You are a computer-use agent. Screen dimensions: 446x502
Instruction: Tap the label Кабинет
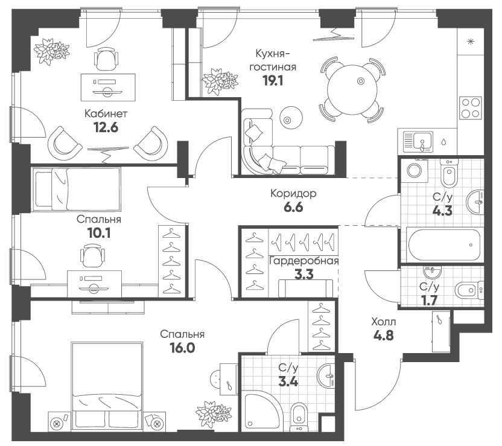(106, 113)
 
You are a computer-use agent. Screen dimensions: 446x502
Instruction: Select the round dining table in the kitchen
(352, 90)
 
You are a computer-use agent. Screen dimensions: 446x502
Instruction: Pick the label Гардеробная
(303, 261)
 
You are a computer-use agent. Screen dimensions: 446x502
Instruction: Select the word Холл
(384, 322)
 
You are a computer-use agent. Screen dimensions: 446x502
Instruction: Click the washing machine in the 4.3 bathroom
(415, 170)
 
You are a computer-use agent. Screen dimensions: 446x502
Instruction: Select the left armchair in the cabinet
(65, 141)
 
